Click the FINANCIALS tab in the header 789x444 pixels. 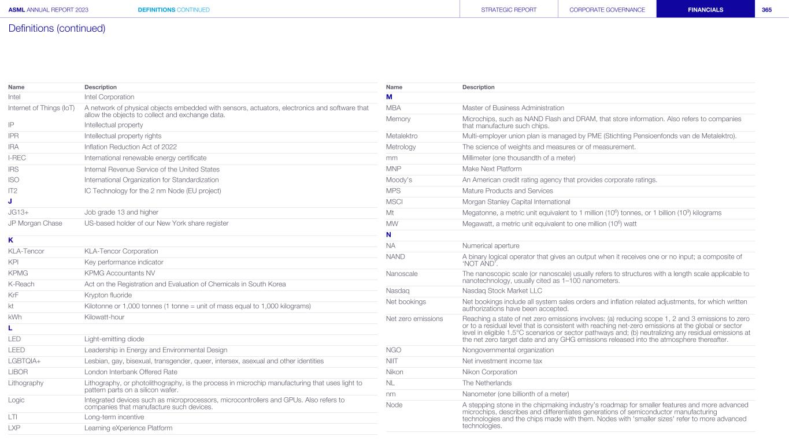(x=705, y=10)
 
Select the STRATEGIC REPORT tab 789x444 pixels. (x=509, y=10)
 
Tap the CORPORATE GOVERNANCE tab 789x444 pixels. (x=607, y=10)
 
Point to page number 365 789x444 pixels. (x=766, y=10)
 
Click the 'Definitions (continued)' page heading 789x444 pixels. (x=57, y=28)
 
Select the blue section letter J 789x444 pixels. (x=10, y=202)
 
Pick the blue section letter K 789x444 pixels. (x=11, y=240)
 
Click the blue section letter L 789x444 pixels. (x=10, y=328)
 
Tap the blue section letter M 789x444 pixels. (x=389, y=96)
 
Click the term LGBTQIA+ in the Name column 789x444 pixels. (x=24, y=361)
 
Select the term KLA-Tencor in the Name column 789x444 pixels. (x=26, y=251)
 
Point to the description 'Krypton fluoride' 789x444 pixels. (x=108, y=295)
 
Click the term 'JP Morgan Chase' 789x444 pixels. (x=35, y=223)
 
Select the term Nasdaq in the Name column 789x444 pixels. (x=398, y=290)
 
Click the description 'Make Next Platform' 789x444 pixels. (x=492, y=169)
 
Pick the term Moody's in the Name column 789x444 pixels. (x=399, y=180)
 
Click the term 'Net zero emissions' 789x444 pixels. (x=414, y=318)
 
